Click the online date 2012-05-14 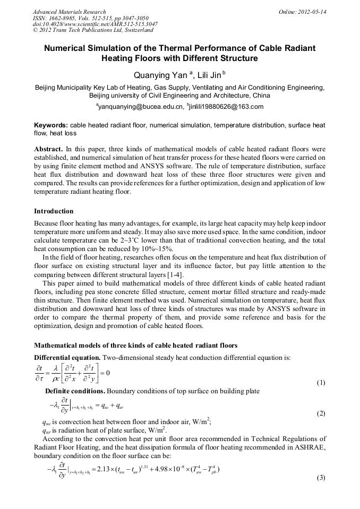click(313, 12)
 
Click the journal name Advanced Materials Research click(69, 12)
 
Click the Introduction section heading click(54, 211)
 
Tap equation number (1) click(321, 383)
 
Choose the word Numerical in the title click(66, 48)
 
